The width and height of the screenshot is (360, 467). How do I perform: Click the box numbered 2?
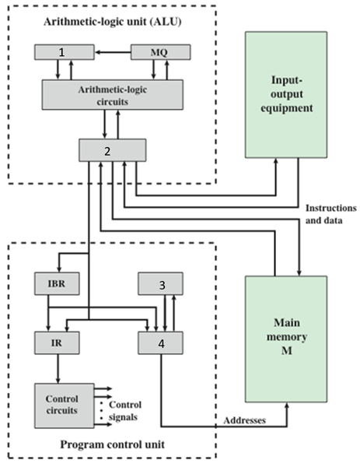pyautogui.click(x=111, y=149)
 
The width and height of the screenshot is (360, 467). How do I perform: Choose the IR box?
pyautogui.click(x=51, y=340)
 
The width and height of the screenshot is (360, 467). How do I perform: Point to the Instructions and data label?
pyautogui.click(x=330, y=216)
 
